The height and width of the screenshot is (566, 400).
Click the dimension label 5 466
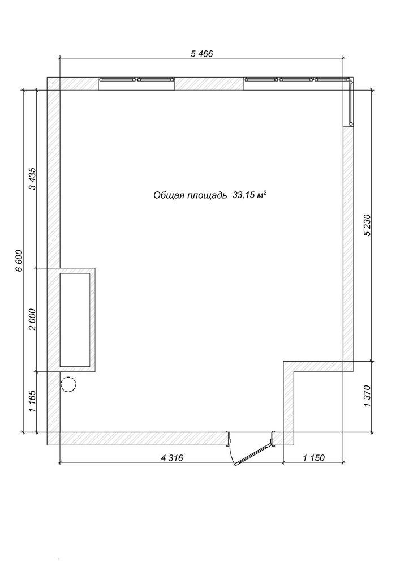201,54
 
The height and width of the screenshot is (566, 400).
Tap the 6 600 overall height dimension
19,260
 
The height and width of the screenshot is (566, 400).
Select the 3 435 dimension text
33,179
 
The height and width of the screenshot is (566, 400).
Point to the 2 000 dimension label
33,319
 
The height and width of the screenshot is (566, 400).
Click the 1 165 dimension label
33,401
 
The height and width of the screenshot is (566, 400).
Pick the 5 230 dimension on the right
368,225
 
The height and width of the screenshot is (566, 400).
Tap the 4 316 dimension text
172,458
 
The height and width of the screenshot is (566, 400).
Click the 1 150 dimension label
314,458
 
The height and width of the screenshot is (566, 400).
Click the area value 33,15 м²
250,195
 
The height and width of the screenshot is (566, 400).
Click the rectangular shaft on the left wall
75,320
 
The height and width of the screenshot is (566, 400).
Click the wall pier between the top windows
209,84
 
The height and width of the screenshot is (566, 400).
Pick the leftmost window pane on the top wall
118,79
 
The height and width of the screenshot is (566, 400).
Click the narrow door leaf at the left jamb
229,440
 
